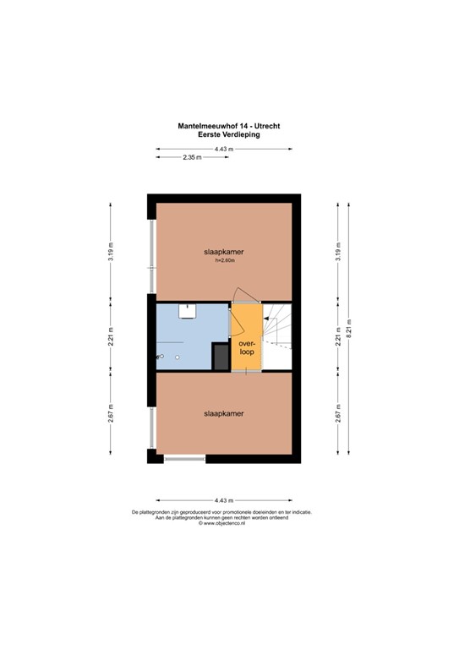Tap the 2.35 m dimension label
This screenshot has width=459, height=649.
191,158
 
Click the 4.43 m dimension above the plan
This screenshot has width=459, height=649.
223,149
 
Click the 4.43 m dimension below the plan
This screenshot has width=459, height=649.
223,499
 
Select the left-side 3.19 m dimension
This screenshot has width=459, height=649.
111,253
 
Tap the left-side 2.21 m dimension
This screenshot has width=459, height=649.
111,336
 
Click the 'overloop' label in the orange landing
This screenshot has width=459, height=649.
246,348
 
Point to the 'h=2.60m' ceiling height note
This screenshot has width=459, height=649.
223,261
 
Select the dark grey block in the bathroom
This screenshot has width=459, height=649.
220,356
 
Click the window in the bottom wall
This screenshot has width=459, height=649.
184,459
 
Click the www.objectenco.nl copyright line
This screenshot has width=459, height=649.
221,524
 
